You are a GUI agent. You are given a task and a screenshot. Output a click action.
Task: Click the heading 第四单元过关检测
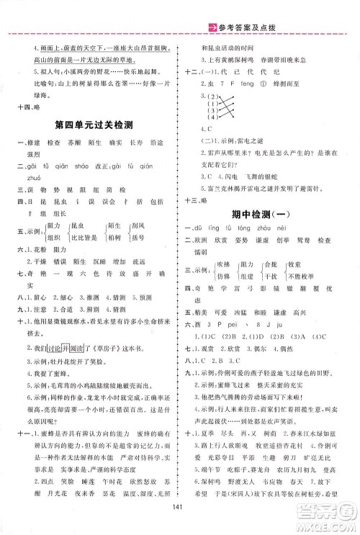coord(97,125)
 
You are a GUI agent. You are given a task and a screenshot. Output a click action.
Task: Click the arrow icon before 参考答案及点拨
coord(212,7)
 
